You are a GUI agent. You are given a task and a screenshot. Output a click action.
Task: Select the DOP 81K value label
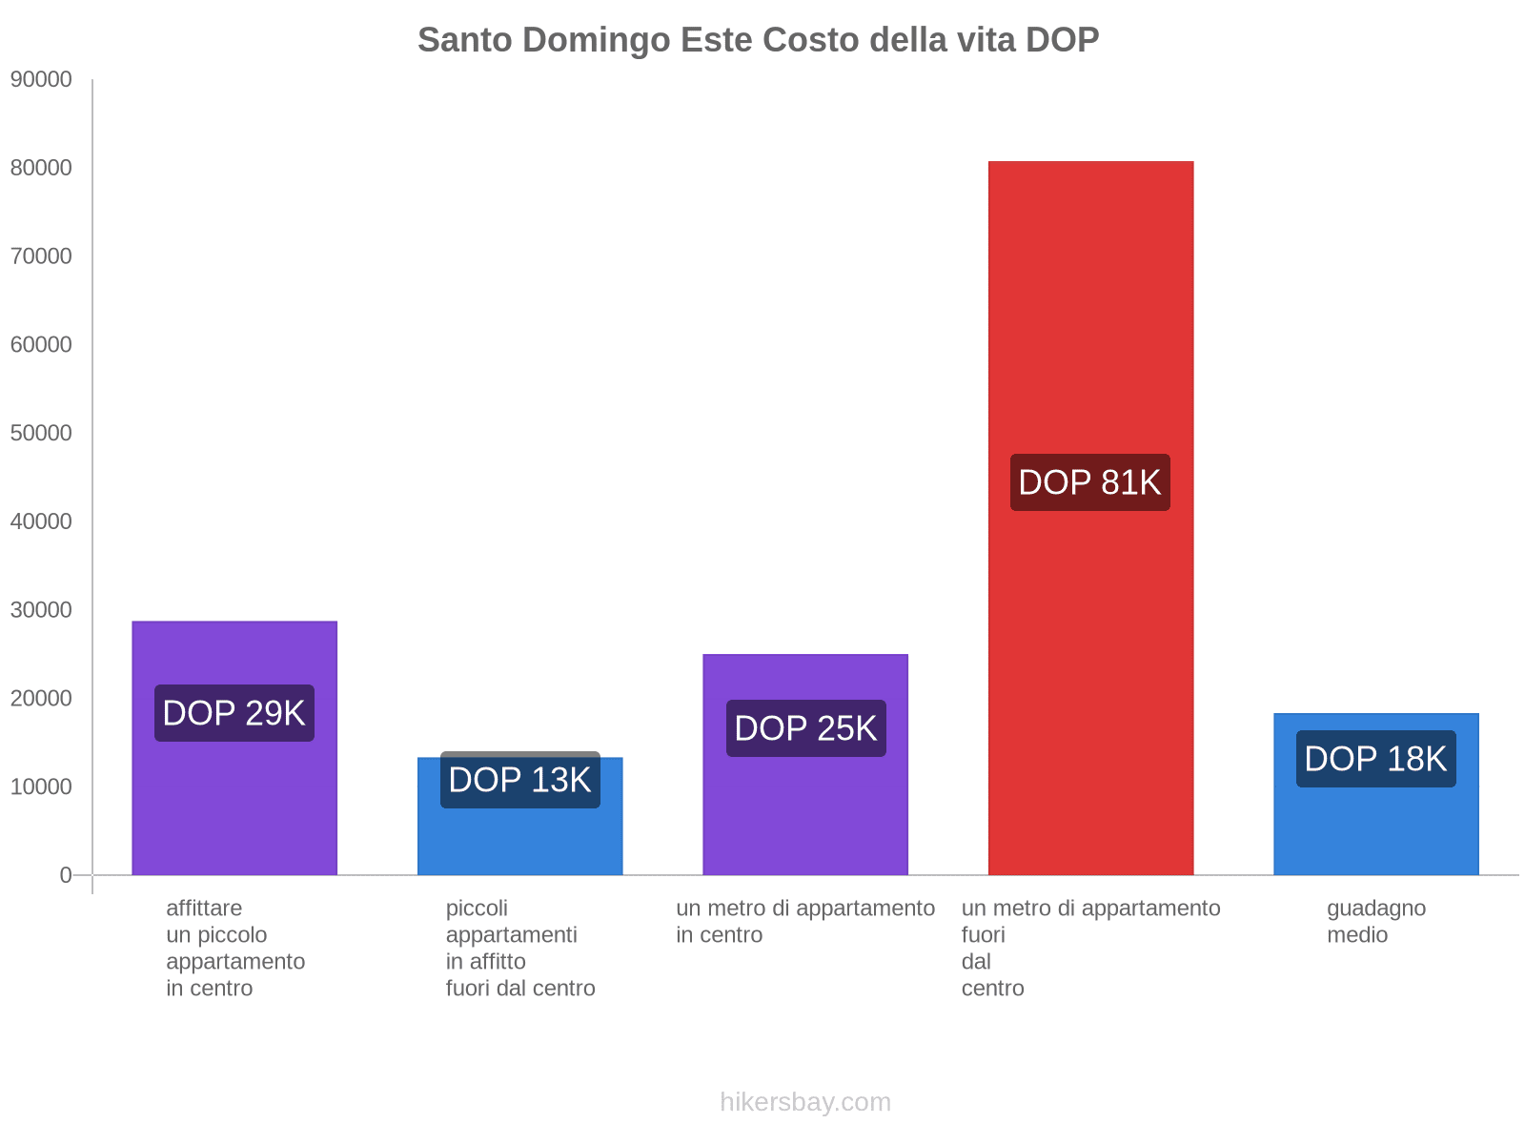[x=1089, y=482]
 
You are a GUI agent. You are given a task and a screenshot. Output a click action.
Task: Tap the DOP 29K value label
[x=234, y=713]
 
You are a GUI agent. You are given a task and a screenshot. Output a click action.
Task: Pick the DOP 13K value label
[x=519, y=780]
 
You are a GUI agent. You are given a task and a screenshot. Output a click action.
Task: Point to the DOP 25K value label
[x=805, y=728]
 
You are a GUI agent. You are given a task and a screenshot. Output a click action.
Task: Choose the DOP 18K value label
[x=1375, y=759]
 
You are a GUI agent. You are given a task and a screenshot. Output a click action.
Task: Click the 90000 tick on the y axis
[x=41, y=79]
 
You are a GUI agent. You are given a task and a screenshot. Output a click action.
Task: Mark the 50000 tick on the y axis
[x=41, y=433]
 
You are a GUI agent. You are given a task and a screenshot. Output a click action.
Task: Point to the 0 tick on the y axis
[x=66, y=875]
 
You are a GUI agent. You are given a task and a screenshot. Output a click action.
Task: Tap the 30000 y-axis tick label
[x=41, y=610]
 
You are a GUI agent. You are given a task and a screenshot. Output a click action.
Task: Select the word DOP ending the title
[x=1062, y=40]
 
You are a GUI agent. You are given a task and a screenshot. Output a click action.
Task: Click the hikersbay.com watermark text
[x=805, y=1102]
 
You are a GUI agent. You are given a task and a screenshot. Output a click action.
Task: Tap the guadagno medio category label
[x=1375, y=921]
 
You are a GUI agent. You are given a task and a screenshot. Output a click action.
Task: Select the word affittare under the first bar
[x=204, y=908]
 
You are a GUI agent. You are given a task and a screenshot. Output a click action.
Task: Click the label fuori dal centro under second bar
[x=520, y=988]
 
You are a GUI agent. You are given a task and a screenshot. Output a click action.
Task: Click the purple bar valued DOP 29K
[x=234, y=810]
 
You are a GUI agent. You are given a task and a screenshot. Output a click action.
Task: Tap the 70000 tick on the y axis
[x=41, y=256]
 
